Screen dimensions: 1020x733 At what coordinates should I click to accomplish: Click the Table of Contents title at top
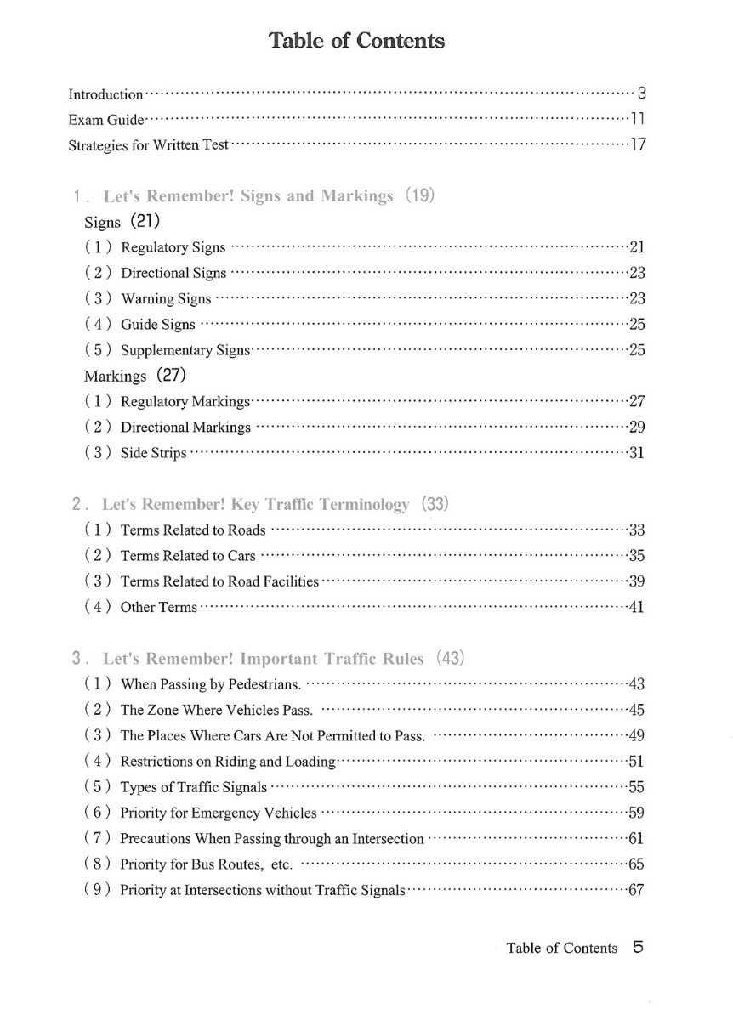coord(356,40)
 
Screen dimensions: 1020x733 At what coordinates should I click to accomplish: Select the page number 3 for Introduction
coord(642,94)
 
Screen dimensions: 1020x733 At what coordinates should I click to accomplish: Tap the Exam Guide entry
coord(106,120)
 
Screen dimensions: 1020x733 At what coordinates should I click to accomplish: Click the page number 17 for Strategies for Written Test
coord(638,145)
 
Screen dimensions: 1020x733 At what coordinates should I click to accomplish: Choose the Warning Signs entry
coord(166,299)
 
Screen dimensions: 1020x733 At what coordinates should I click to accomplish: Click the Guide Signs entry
coord(157,325)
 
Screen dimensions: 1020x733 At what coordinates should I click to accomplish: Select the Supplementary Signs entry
coord(185,350)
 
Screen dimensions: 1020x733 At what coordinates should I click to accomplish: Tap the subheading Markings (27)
coord(134,376)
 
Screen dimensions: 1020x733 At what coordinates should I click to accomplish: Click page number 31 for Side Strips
coord(636,453)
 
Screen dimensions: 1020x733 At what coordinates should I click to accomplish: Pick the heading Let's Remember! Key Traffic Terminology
coord(255,505)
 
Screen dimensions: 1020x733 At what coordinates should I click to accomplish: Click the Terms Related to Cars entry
coord(187,556)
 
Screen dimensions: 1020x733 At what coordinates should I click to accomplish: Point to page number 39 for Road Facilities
coord(636,581)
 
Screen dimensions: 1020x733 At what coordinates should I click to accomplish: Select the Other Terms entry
coord(158,608)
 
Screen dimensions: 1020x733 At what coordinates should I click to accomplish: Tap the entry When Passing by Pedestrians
coord(210,684)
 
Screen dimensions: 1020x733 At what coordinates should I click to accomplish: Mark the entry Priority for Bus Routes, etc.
coord(206,865)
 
